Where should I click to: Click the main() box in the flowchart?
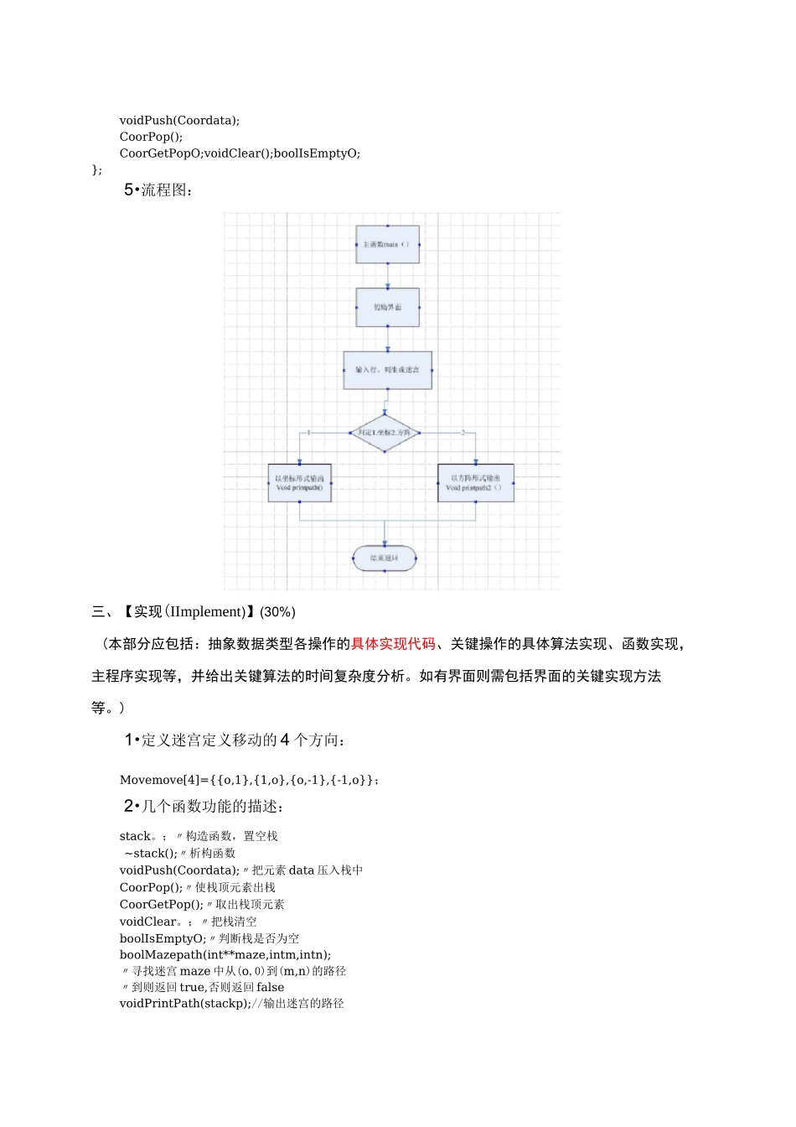(387, 244)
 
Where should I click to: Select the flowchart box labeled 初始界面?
(387, 307)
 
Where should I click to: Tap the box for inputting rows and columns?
(387, 370)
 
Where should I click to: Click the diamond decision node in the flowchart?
(385, 433)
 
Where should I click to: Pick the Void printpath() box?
(299, 483)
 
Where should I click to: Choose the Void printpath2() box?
(475, 483)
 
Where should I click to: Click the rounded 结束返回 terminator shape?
(385, 558)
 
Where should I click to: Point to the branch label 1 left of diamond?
(309, 433)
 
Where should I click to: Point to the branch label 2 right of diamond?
(463, 433)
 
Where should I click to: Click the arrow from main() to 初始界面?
(387, 276)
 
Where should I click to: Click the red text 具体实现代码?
(393, 644)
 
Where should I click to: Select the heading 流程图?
(166, 190)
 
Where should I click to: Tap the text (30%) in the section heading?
(277, 612)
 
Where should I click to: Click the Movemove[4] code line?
(249, 780)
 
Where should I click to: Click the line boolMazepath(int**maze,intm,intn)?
(225, 954)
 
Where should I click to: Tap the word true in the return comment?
(192, 987)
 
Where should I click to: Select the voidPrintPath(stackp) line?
(231, 1003)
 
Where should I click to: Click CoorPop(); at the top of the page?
(151, 137)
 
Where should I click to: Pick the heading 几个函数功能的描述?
(211, 807)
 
